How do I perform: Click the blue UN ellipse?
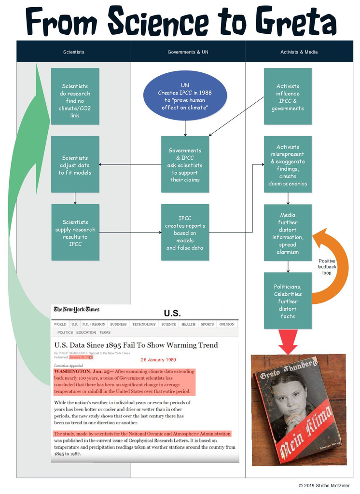click(x=185, y=96)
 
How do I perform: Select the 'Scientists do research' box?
click(x=75, y=96)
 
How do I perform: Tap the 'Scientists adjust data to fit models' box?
click(x=75, y=165)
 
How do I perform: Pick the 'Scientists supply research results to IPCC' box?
click(x=75, y=233)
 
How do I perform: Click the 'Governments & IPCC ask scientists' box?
click(x=185, y=165)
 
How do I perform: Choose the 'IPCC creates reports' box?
click(x=185, y=233)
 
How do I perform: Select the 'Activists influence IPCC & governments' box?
click(x=288, y=96)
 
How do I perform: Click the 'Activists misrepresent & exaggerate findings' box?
click(x=288, y=165)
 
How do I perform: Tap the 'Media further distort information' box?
click(x=288, y=233)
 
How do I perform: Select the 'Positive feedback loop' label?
click(x=327, y=267)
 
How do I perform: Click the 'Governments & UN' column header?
click(x=188, y=52)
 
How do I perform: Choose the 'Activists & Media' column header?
click(x=299, y=52)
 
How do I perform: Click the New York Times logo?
click(x=77, y=309)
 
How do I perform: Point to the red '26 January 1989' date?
click(x=158, y=360)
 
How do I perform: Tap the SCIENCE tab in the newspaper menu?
click(x=168, y=324)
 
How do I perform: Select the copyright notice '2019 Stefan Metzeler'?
click(x=324, y=485)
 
